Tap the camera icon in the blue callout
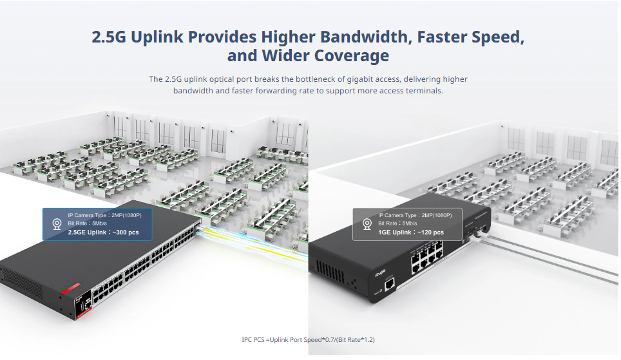pyautogui.click(x=57, y=223)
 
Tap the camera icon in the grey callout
pyautogui.click(x=367, y=223)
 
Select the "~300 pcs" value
pyautogui.click(x=125, y=232)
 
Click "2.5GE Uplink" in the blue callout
pyautogui.click(x=88, y=232)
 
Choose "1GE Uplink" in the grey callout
pyautogui.click(x=394, y=232)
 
